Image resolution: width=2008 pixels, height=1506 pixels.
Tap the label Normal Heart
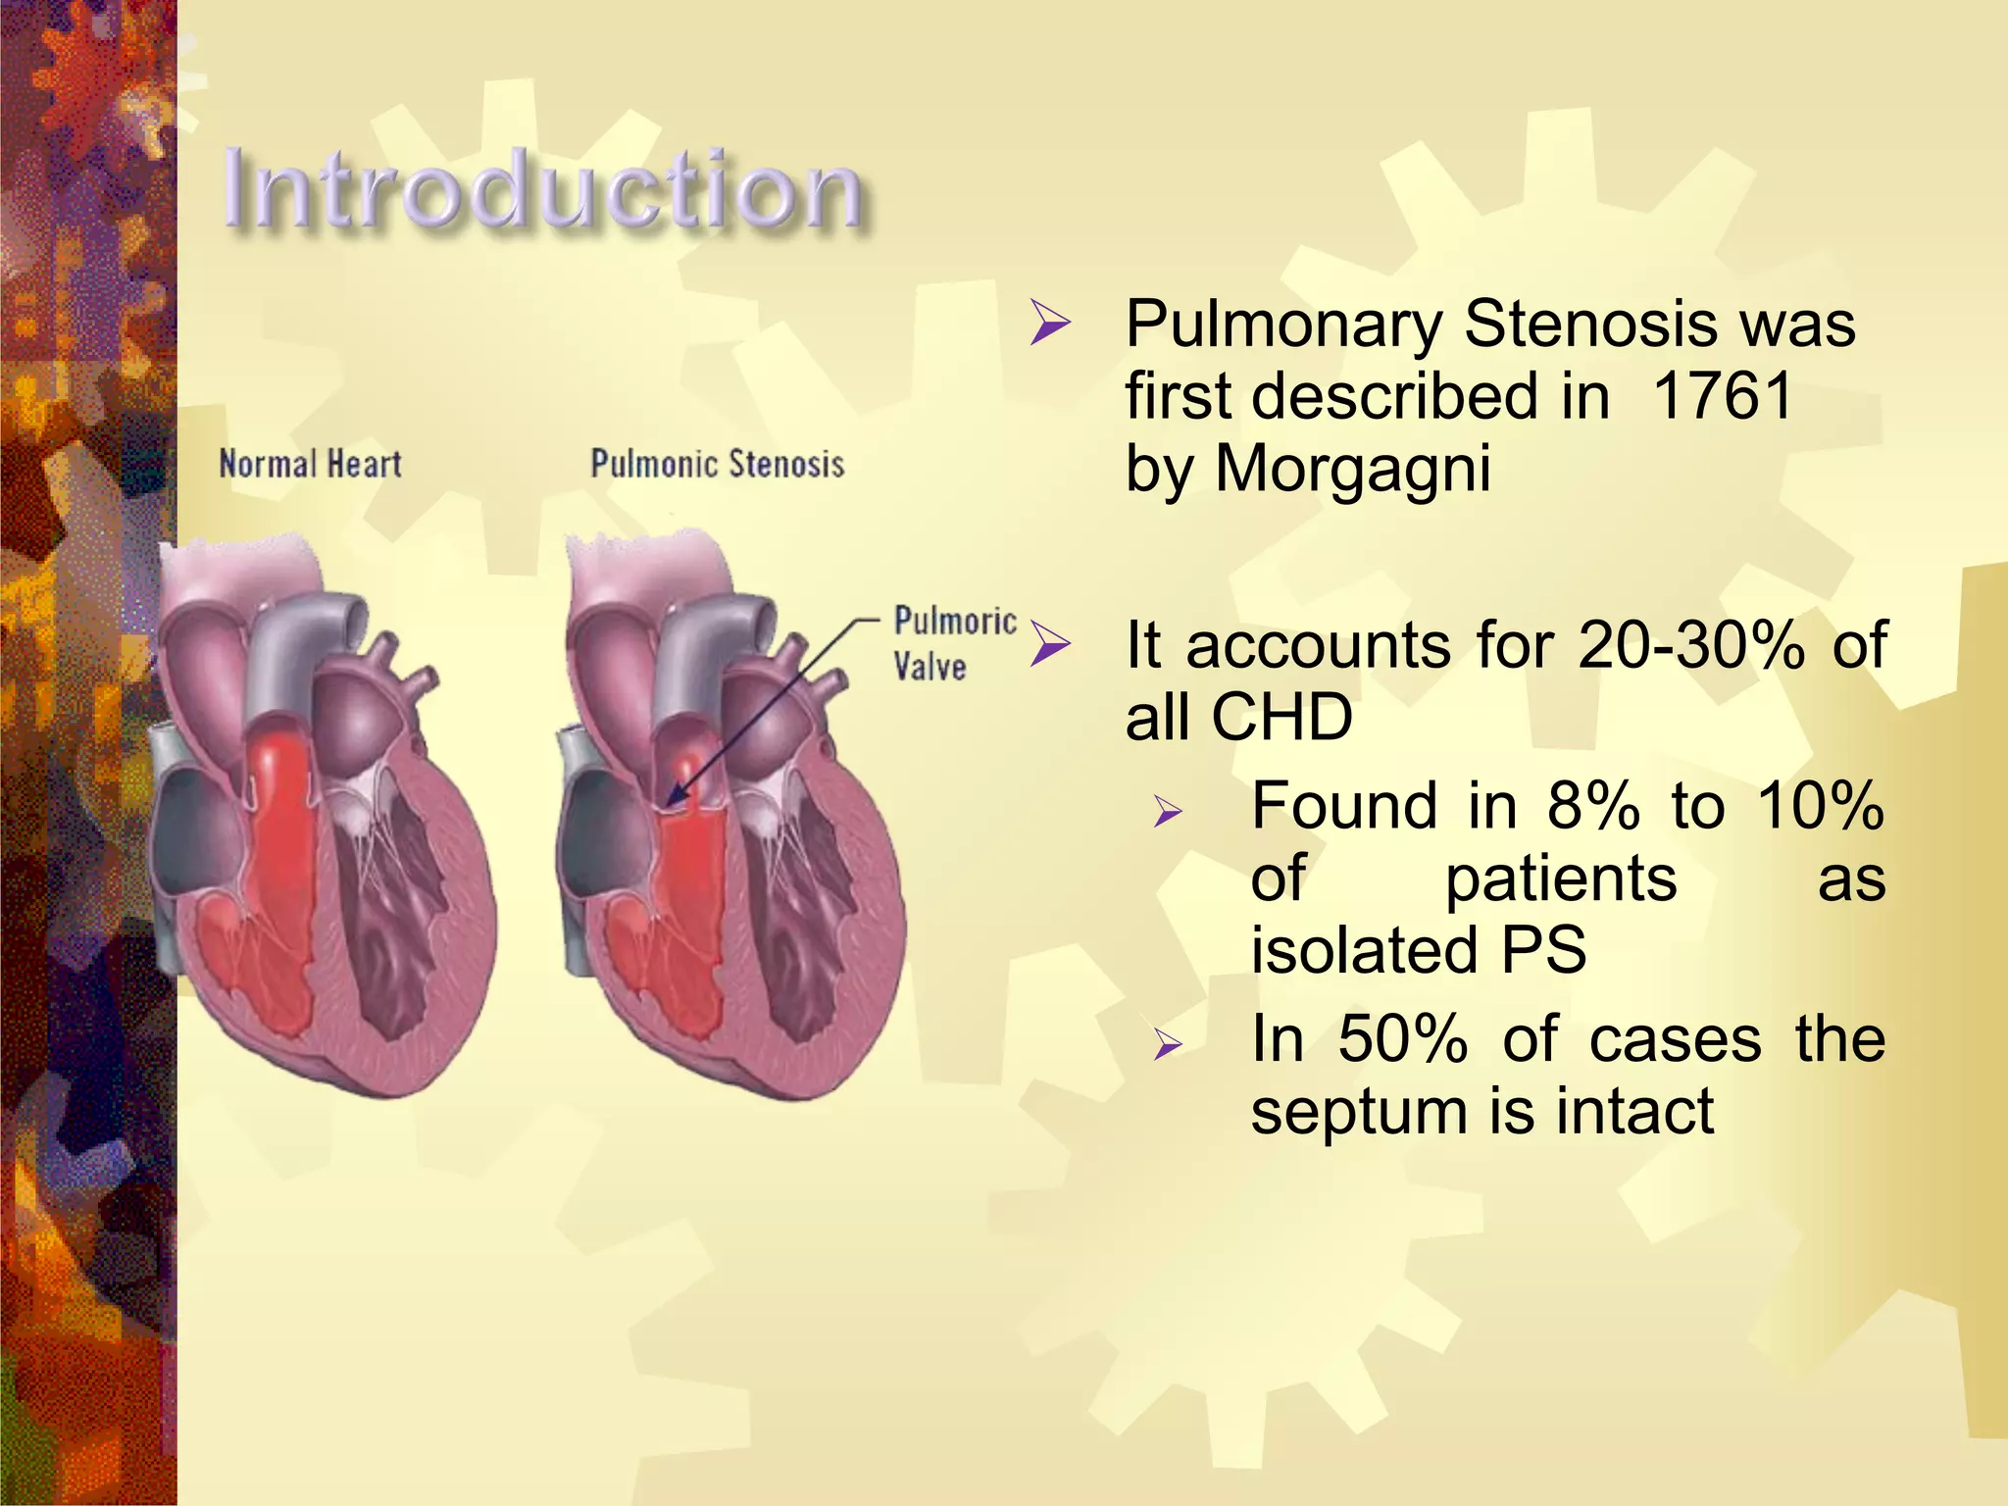(x=310, y=464)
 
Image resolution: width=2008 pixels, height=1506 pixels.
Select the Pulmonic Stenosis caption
(x=717, y=464)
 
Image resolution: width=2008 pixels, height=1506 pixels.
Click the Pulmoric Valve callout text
(x=954, y=643)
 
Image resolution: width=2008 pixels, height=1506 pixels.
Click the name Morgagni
(x=1352, y=469)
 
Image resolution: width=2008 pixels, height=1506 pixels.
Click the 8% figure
(x=1592, y=806)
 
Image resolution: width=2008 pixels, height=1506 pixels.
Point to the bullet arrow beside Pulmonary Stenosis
(x=1050, y=325)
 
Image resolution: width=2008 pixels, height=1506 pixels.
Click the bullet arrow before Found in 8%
(x=1168, y=811)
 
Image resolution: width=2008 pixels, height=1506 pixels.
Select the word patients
(x=1561, y=878)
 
